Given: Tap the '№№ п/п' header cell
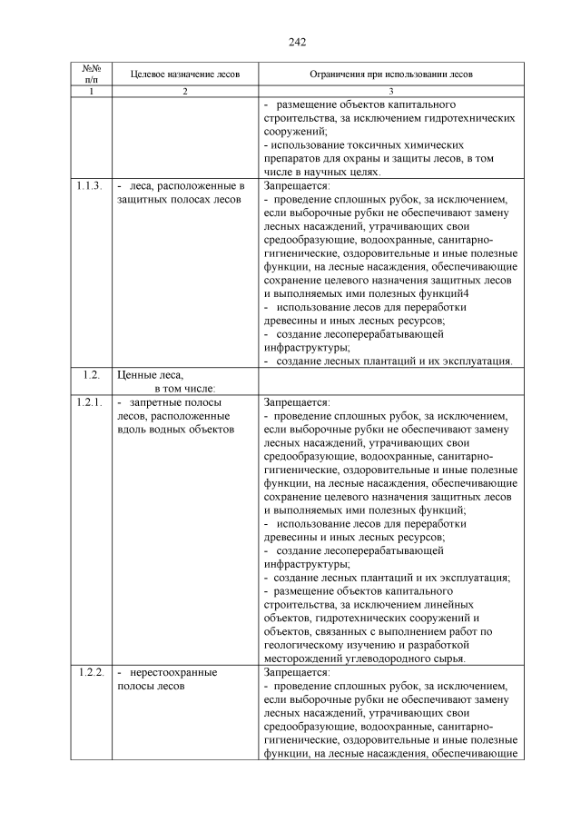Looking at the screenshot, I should tap(90, 74).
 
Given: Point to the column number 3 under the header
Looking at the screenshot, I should tap(390, 92).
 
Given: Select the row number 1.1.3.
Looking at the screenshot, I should tap(90, 186).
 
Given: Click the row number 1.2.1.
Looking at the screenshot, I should tap(90, 401).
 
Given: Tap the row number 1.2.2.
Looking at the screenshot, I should tap(90, 673).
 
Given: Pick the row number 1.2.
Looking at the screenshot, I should tap(90, 374).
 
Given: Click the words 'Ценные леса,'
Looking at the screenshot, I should tap(150, 374).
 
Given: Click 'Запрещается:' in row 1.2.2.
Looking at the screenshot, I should tap(296, 673).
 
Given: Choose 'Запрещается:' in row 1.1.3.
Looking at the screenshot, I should tap(296, 186).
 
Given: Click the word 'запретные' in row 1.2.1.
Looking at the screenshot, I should tap(158, 401).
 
